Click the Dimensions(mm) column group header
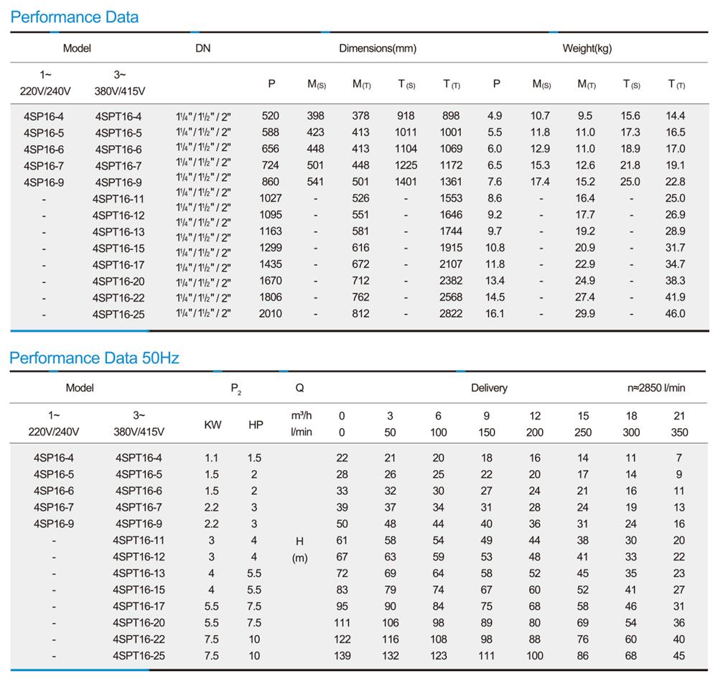[x=378, y=48]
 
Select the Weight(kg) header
[x=587, y=48]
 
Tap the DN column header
[x=203, y=48]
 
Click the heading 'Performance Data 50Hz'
[x=94, y=358]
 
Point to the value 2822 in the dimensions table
[x=451, y=313]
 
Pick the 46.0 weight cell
[x=676, y=313]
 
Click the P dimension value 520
[x=270, y=116]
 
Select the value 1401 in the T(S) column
[x=406, y=182]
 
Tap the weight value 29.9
[x=585, y=313]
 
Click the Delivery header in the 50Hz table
[x=489, y=388]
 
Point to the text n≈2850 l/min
[x=656, y=388]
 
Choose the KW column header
[x=213, y=425]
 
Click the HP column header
[x=256, y=425]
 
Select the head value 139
[x=342, y=655]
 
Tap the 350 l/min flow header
[x=679, y=432]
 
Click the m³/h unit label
[x=302, y=415]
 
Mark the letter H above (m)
[x=299, y=541]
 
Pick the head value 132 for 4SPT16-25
[x=390, y=655]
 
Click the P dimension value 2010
[x=270, y=313]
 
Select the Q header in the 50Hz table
[x=299, y=388]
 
